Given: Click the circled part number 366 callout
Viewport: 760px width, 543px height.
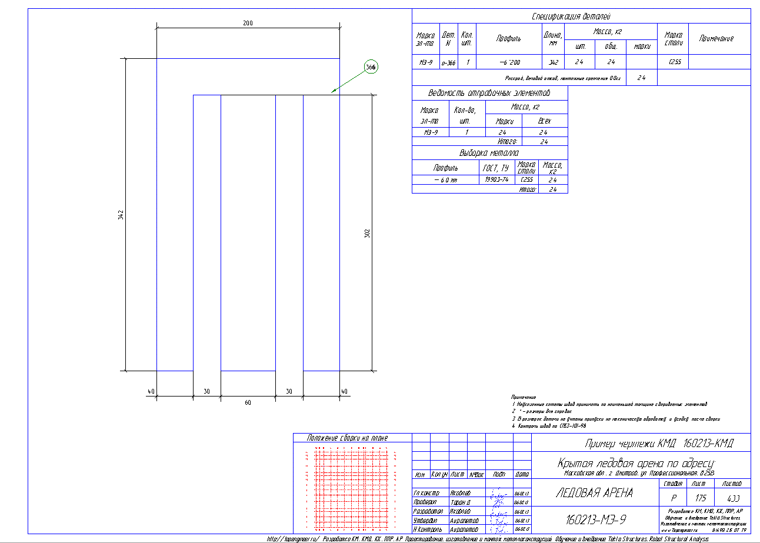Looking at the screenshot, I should coord(371,68).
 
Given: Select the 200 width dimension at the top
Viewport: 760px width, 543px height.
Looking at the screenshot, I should coord(248,23).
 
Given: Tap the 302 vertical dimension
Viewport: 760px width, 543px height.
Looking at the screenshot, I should coord(367,233).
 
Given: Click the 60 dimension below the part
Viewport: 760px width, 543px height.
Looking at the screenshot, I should coord(248,403).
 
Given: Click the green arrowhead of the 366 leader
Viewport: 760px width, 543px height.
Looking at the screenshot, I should coord(334,91).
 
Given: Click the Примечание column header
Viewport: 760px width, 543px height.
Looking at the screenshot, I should coord(716,38).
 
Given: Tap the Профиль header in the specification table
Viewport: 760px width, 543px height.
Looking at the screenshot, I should coord(508,38).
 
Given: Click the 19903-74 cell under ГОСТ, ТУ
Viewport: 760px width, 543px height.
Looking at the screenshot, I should coord(496,179).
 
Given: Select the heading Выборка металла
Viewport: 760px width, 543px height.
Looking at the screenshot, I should coord(489,153).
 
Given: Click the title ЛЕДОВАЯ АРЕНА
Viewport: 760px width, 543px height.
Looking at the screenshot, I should coord(594,493).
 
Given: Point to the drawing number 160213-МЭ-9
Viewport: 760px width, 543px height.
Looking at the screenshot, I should coord(595,519).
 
